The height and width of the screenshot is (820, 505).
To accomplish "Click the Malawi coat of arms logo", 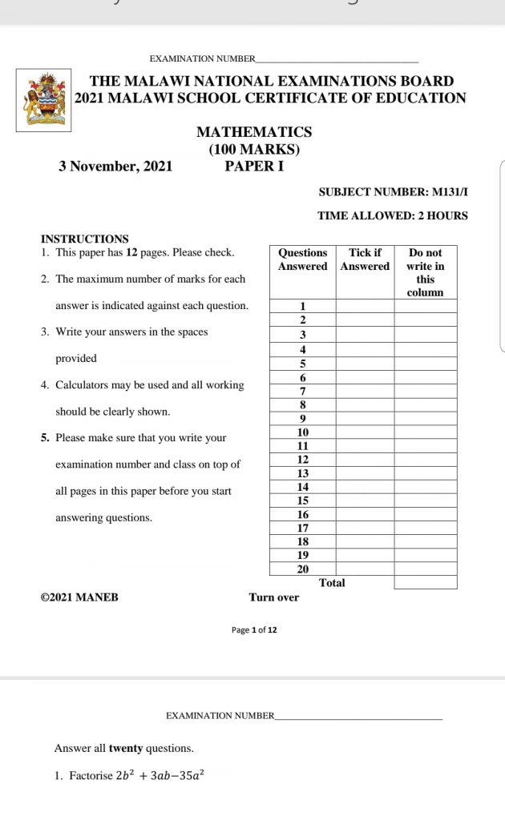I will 43,100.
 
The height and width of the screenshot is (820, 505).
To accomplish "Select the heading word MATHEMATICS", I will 254,132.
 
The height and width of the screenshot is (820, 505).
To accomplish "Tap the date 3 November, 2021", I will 115,167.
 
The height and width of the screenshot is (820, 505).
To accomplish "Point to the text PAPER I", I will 254,167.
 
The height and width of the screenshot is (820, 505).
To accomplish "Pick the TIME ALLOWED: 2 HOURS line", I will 393,215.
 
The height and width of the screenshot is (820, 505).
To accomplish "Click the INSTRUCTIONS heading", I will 84,239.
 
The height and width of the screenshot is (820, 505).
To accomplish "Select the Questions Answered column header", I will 303,259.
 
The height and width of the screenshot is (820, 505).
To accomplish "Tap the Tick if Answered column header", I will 365,259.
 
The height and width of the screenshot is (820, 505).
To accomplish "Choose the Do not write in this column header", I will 425,272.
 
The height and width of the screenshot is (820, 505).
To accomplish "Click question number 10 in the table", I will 303,432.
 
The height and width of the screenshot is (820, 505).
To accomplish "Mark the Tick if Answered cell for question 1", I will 365,306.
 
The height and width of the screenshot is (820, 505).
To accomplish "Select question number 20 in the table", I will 303,569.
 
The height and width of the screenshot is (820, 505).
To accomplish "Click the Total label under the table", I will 332,583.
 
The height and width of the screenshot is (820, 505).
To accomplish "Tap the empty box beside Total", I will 425,583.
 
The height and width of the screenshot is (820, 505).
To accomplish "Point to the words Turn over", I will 274,597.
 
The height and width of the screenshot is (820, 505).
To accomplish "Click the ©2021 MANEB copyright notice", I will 79,597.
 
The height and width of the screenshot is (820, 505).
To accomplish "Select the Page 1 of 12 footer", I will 254,630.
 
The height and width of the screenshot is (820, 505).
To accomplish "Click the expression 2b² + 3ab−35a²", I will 155,775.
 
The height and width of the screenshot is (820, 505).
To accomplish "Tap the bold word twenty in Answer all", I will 126,749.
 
